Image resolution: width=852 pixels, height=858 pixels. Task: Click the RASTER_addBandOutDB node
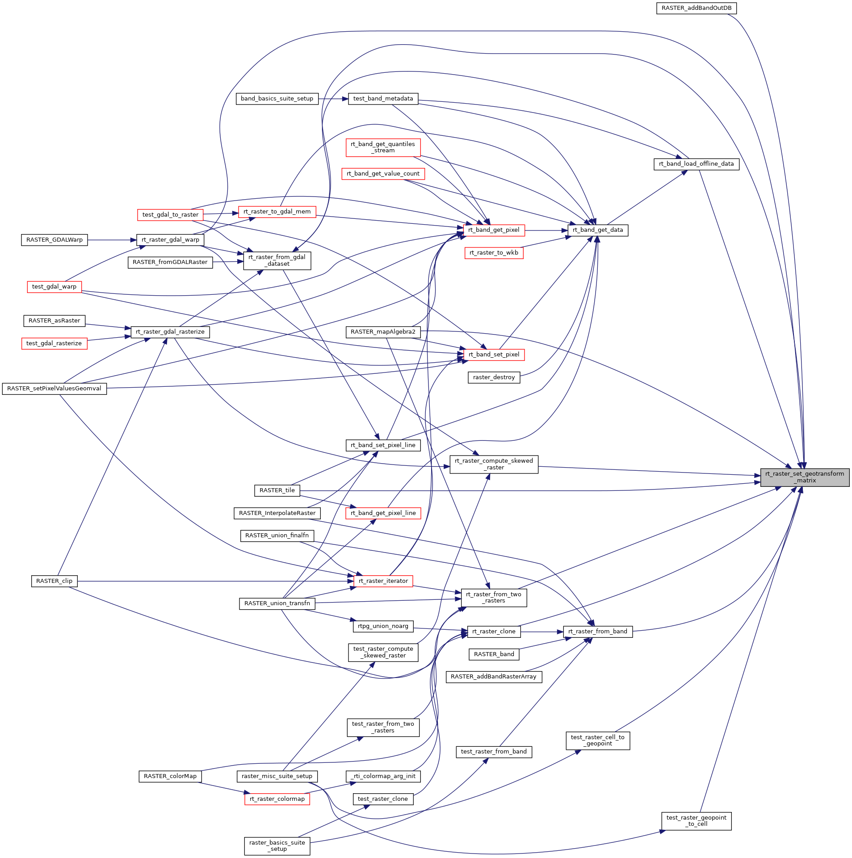click(696, 8)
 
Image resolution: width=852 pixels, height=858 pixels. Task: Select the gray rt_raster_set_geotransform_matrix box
click(804, 477)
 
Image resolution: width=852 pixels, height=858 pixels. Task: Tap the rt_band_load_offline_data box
click(696, 164)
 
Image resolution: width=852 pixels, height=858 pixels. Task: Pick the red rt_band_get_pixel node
click(494, 230)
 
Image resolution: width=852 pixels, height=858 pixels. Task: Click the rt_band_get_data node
click(597, 230)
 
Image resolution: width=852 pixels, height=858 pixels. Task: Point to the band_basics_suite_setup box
click(277, 99)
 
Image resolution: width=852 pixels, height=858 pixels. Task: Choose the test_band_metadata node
click(383, 99)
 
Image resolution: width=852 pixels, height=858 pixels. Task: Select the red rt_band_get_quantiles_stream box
click(383, 147)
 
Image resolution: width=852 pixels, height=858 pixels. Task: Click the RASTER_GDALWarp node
click(55, 240)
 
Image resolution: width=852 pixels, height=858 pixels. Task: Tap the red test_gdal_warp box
click(54, 287)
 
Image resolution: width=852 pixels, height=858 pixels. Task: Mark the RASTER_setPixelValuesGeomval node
click(54, 389)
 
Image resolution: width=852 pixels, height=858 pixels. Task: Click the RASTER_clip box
click(54, 581)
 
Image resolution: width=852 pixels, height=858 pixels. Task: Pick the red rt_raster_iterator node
click(383, 581)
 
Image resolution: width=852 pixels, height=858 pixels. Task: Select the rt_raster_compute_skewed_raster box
click(494, 464)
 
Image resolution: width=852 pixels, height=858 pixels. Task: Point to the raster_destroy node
click(494, 377)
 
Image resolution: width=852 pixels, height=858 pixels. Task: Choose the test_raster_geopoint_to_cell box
click(696, 821)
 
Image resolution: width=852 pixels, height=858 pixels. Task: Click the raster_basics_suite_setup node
click(277, 846)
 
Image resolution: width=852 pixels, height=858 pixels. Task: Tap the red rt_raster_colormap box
click(277, 799)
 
